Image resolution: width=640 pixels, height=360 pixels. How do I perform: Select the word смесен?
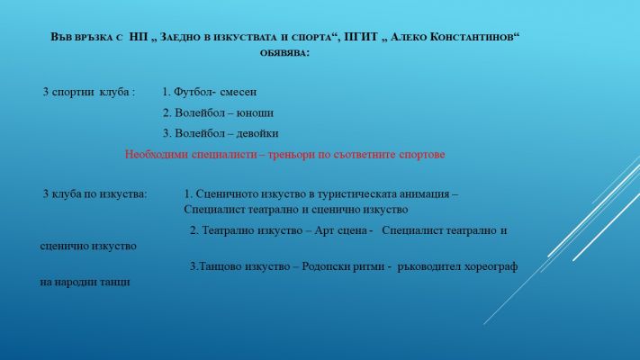(x=239, y=92)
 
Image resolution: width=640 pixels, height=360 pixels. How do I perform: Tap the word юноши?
(x=255, y=113)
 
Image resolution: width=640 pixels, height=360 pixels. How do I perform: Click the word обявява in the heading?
(x=284, y=53)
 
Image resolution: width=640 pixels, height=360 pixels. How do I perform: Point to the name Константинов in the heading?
(x=474, y=37)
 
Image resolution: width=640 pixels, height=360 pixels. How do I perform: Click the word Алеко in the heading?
(x=408, y=37)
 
